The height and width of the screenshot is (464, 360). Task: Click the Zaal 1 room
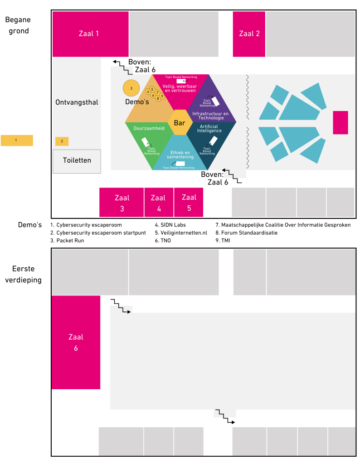[x=90, y=34]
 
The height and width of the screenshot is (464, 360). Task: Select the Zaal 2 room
[x=249, y=34]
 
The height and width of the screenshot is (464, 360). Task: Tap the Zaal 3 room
[x=122, y=203]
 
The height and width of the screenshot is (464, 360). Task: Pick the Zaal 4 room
[x=158, y=203]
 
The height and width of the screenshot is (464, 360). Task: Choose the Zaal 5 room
[x=189, y=202]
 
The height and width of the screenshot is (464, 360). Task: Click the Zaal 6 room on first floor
[x=76, y=342]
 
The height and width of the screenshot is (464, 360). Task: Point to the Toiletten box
[x=77, y=160]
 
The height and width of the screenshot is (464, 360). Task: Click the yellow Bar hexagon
[x=180, y=122]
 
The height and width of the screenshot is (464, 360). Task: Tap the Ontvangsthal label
[x=77, y=102]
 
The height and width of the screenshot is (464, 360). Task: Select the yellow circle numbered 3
[x=131, y=88]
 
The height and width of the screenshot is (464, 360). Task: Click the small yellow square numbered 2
[x=62, y=141]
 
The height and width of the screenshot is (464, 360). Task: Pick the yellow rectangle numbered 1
[x=17, y=140]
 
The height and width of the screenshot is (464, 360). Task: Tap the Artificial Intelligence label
[x=209, y=128]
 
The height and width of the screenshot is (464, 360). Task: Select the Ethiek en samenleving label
[x=180, y=155]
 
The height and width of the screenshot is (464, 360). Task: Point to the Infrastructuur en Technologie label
[x=210, y=115]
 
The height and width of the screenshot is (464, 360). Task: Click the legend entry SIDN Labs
[x=170, y=225]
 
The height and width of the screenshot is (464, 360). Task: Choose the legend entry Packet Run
[x=67, y=241]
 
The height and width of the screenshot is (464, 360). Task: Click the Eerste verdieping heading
[x=23, y=275]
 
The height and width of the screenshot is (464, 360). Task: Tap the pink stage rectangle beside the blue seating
[x=340, y=122]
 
